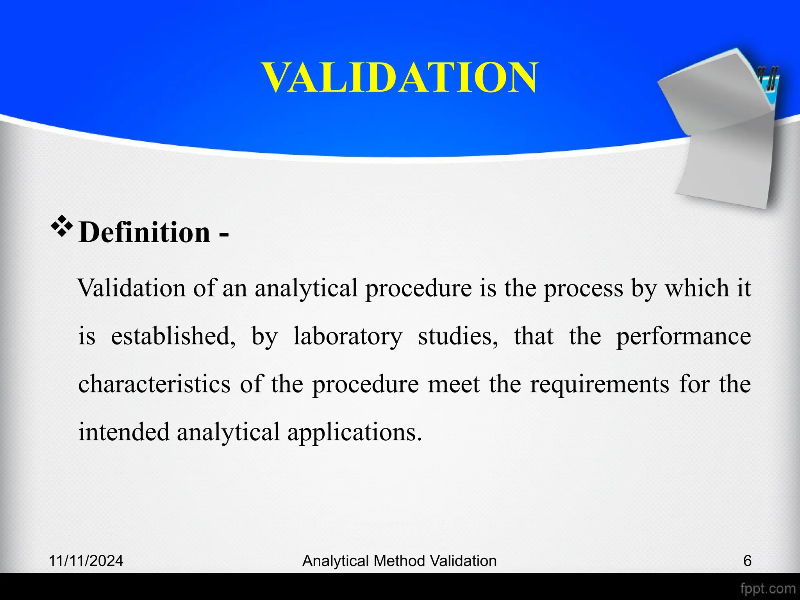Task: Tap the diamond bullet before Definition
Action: [61, 227]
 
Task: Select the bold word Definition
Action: [145, 232]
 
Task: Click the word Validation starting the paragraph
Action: [132, 288]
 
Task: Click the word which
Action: [697, 288]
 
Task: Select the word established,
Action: [173, 336]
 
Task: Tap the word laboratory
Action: [347, 336]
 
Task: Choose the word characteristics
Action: [154, 384]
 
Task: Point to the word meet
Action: [454, 384]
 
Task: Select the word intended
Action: [124, 432]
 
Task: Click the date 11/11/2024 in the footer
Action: [86, 561]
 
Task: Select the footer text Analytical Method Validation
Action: [399, 561]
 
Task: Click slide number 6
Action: [747, 561]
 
